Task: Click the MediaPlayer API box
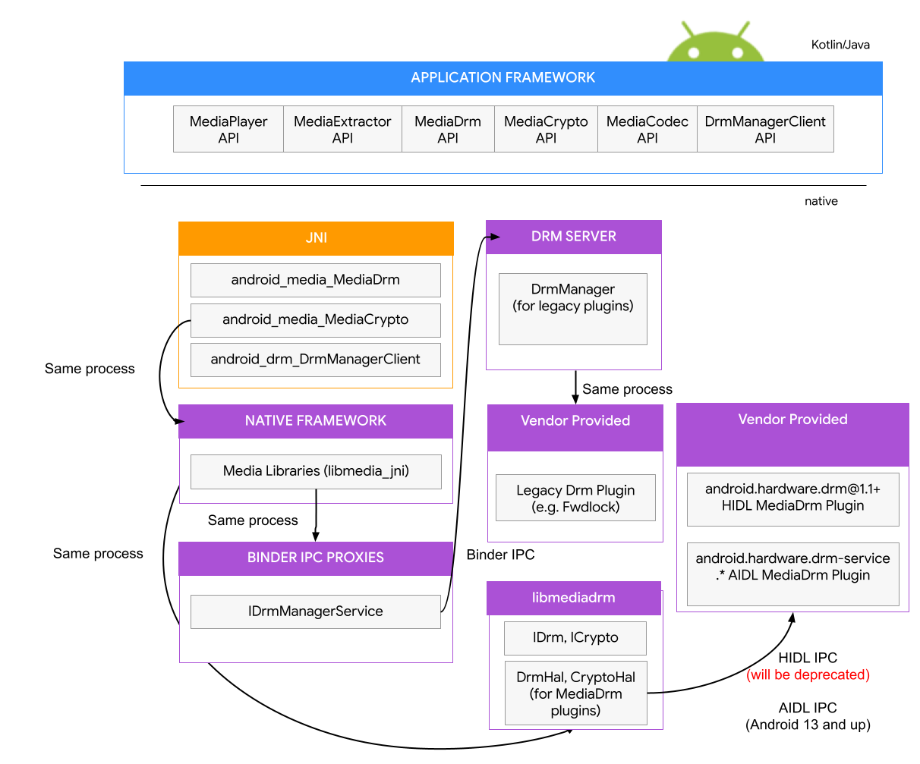click(228, 129)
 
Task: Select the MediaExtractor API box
click(342, 129)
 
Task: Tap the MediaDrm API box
click(448, 129)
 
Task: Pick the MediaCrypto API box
click(546, 129)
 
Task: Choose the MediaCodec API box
click(647, 129)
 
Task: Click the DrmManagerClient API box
click(765, 129)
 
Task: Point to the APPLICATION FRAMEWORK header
click(503, 78)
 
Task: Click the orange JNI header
click(316, 238)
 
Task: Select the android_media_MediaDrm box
click(315, 280)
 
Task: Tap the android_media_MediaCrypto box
click(315, 320)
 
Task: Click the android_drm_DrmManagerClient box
click(315, 360)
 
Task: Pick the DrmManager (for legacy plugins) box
click(573, 309)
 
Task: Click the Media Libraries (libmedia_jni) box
click(316, 471)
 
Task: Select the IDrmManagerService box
click(315, 612)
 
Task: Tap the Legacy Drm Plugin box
click(575, 498)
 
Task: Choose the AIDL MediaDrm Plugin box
click(792, 574)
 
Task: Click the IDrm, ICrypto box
click(575, 638)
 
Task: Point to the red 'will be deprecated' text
click(808, 674)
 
